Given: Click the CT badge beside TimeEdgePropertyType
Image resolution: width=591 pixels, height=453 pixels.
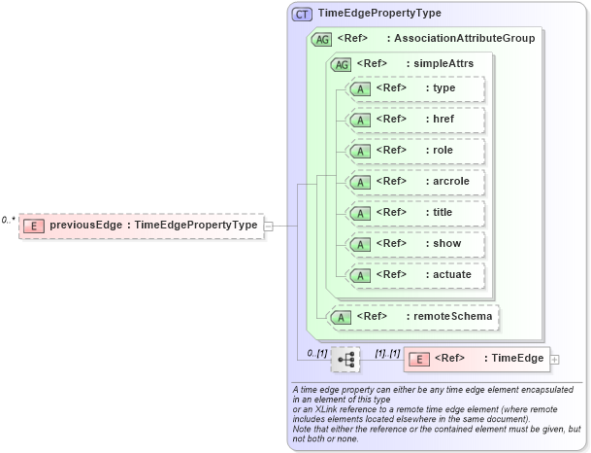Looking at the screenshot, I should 302,14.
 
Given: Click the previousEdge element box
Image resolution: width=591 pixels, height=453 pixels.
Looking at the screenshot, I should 142,226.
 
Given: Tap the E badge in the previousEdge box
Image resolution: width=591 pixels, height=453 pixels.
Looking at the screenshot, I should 35,226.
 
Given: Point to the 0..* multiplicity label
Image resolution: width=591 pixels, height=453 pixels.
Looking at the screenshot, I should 8,220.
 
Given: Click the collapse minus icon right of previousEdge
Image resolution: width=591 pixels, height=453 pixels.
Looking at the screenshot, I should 269,226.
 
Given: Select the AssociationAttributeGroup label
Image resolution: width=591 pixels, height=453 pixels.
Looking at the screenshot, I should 460,39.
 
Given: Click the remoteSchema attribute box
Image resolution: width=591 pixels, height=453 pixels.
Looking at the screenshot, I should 415,316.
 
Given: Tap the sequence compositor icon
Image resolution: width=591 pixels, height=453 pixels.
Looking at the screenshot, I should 345,359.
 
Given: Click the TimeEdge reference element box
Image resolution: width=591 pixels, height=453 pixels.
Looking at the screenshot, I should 476,359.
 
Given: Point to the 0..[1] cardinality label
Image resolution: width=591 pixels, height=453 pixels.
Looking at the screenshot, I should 316,353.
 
